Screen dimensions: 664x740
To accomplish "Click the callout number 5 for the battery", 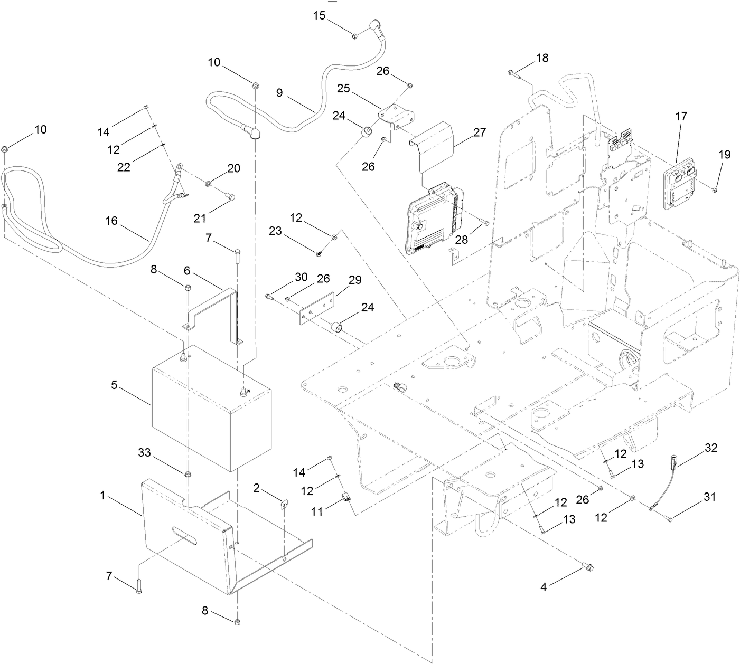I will tap(114, 385).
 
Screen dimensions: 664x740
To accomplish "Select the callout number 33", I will tap(144, 453).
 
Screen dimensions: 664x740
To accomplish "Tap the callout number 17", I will tap(681, 116).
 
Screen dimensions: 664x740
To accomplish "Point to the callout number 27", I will tap(479, 132).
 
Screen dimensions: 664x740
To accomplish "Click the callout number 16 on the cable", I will tap(111, 221).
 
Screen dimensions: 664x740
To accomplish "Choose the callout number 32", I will tap(711, 448).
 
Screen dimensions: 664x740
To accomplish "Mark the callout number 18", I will tap(542, 58).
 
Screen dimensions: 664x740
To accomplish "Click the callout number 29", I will tap(355, 280).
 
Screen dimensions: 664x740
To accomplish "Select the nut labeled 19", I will tap(714, 189).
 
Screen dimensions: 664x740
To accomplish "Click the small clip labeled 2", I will tap(283, 505).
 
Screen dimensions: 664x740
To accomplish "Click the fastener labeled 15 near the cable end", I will tap(355, 36).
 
